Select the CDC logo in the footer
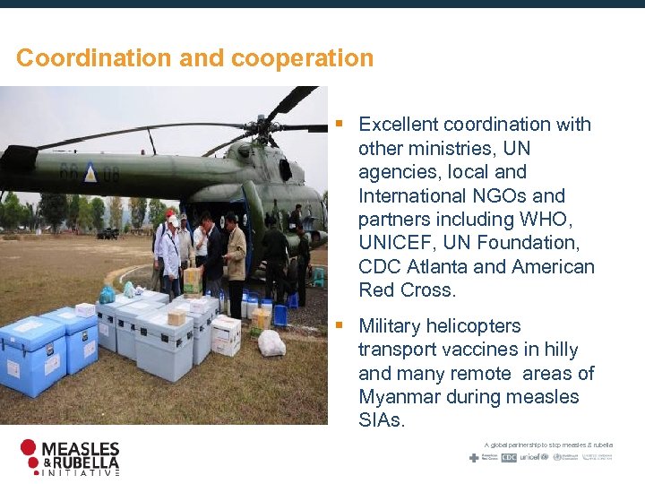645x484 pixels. [509, 457]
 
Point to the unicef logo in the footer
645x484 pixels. [533, 457]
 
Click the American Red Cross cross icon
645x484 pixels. [475, 457]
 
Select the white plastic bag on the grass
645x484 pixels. [271, 343]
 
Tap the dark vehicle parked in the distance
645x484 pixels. [108, 234]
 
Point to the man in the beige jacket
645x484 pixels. [235, 260]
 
